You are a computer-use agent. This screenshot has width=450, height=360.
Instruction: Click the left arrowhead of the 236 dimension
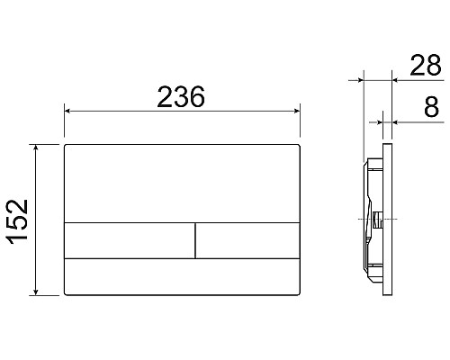[x=67, y=112]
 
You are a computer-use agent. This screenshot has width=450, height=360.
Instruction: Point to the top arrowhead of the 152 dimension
[x=36, y=146]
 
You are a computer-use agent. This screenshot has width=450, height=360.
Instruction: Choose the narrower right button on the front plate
[x=247, y=239]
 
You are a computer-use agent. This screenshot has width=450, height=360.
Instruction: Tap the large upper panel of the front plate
[x=182, y=181]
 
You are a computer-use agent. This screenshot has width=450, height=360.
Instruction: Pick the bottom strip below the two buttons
[x=182, y=276]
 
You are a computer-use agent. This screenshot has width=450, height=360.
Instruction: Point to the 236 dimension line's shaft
[x=182, y=112]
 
